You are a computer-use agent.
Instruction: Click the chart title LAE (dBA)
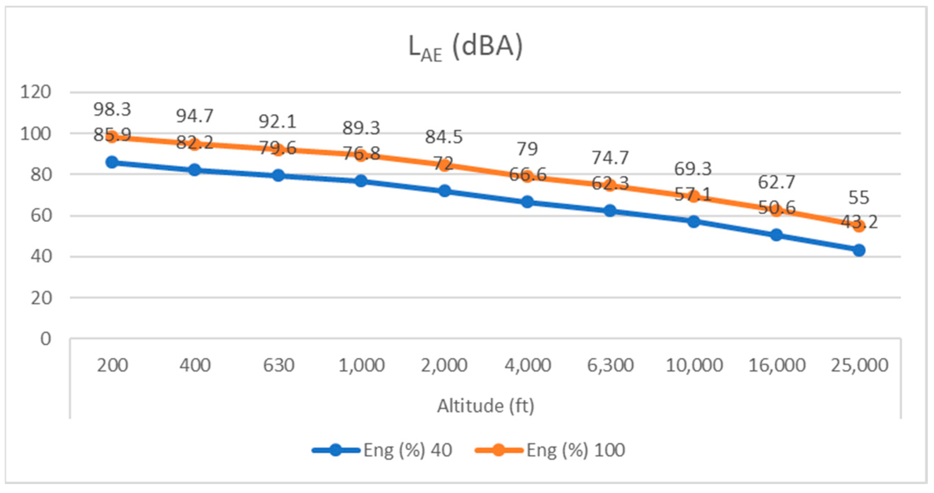click(x=466, y=48)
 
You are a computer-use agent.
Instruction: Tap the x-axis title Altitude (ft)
click(x=485, y=406)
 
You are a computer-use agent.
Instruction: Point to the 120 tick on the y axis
click(x=36, y=92)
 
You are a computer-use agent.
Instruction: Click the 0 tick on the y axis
click(x=45, y=339)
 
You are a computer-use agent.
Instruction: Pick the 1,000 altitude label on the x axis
click(x=361, y=365)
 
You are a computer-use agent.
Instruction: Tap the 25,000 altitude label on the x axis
click(x=859, y=365)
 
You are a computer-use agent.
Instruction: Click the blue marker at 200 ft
click(x=112, y=162)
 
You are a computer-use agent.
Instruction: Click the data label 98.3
click(x=112, y=109)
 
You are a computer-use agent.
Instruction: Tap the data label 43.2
click(x=859, y=222)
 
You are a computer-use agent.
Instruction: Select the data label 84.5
click(x=444, y=137)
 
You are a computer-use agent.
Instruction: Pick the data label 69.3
click(x=693, y=169)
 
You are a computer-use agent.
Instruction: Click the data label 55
click(x=859, y=198)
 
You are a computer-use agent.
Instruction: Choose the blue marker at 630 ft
click(x=278, y=176)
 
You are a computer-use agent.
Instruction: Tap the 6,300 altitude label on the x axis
click(x=610, y=365)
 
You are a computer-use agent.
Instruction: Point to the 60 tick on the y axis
click(x=41, y=216)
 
